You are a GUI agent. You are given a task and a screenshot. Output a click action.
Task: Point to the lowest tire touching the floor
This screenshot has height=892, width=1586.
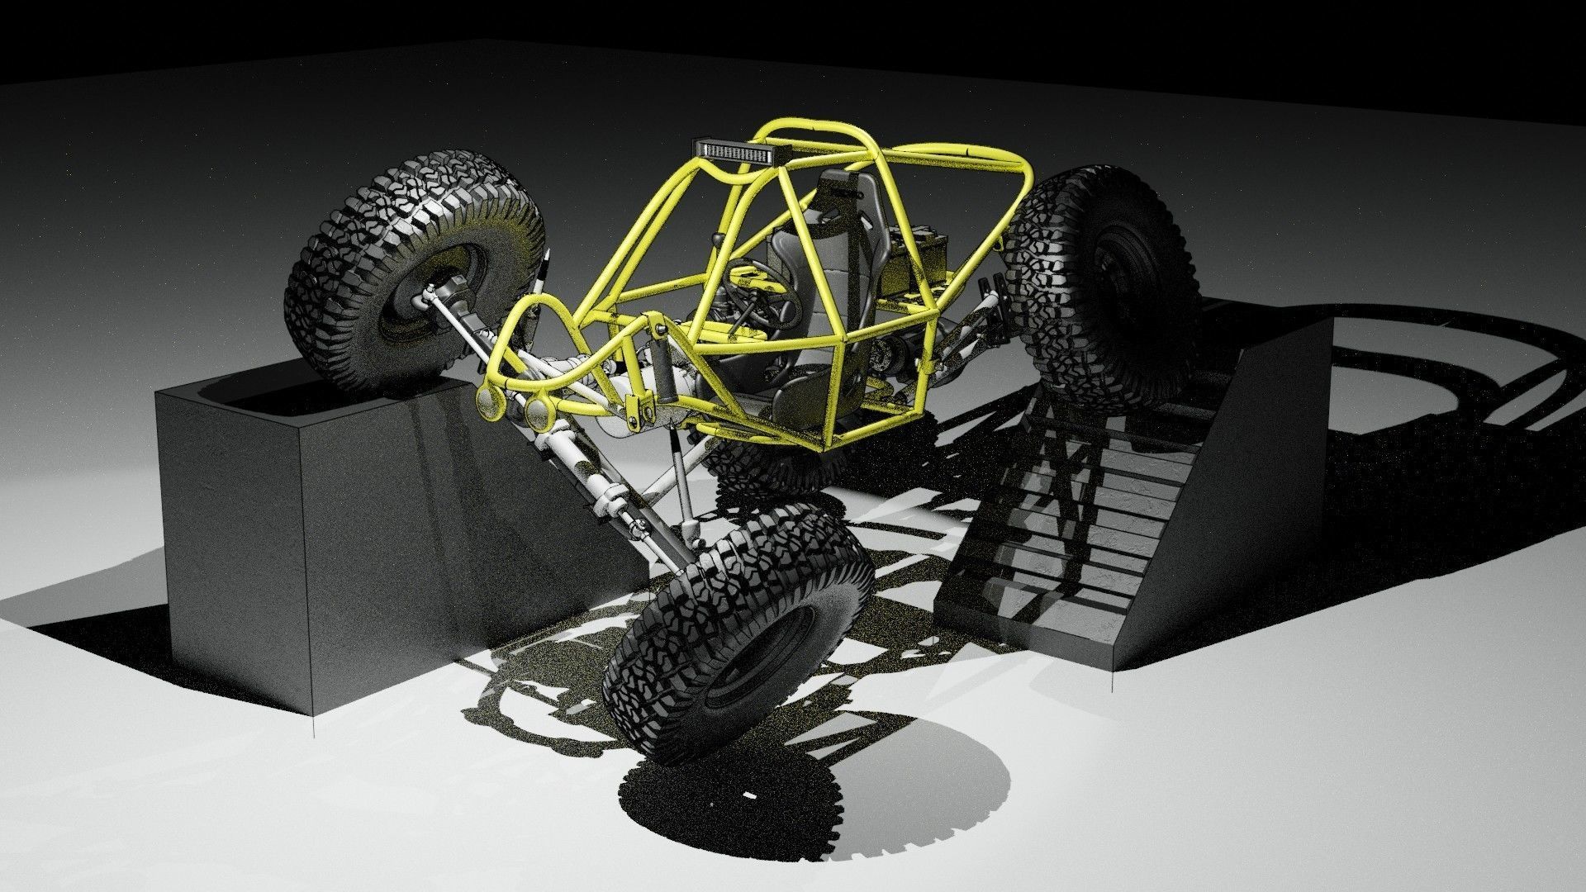(x=735, y=628)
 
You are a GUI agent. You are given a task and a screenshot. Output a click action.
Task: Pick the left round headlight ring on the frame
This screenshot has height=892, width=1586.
(x=491, y=404)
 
